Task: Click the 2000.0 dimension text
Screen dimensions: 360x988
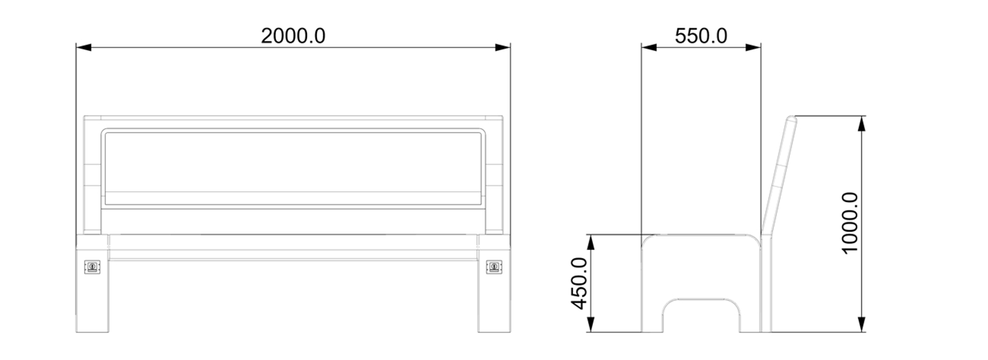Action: click(x=293, y=35)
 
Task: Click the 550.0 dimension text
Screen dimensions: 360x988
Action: click(x=700, y=35)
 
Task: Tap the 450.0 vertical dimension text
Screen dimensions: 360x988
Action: click(x=579, y=283)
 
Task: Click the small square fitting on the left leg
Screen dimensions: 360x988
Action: click(x=92, y=267)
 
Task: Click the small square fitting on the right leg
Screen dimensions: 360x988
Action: click(x=493, y=267)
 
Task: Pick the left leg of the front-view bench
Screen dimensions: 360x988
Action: click(x=92, y=296)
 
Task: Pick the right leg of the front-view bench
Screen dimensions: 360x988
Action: click(x=493, y=296)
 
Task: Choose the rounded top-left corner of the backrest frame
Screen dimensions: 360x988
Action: click(x=106, y=133)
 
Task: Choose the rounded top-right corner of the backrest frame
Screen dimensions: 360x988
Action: click(x=481, y=133)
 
